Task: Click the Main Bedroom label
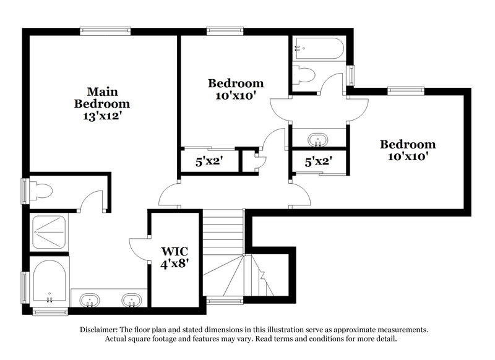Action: (x=101, y=97)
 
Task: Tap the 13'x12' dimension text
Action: (x=101, y=117)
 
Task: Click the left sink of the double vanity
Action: (x=90, y=301)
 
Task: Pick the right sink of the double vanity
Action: (x=130, y=301)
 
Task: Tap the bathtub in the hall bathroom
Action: (x=319, y=47)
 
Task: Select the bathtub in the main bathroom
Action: (x=49, y=282)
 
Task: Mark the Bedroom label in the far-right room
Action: (x=407, y=145)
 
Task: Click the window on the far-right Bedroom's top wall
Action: (x=407, y=91)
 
